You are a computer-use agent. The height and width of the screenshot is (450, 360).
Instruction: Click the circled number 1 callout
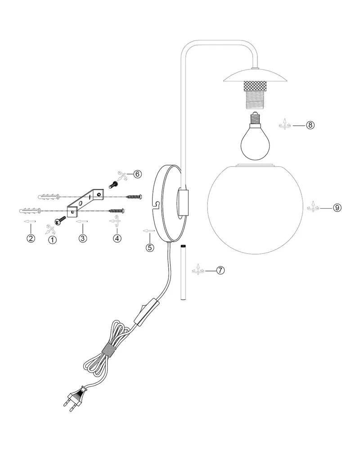coord(52,240)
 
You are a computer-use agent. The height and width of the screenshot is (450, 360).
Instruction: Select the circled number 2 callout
coord(31,238)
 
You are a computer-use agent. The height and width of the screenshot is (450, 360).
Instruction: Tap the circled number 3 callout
coord(83,238)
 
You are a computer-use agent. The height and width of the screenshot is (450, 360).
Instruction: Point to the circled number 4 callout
coord(117,238)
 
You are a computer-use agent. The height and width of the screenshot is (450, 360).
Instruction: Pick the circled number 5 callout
coord(150,247)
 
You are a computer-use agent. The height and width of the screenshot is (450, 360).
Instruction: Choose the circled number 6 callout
coord(138,174)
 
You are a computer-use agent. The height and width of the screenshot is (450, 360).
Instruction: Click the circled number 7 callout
coord(220,270)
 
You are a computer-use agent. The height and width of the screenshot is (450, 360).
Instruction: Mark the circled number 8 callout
coord(310,125)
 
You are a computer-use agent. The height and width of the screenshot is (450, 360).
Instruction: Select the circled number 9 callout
coord(337,207)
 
